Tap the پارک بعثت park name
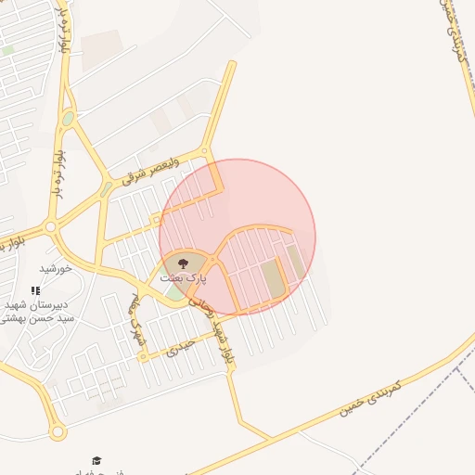click(184, 276)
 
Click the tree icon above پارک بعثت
click(182, 263)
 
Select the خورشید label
click(56, 268)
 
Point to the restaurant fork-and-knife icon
click(35, 290)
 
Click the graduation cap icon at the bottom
click(96, 460)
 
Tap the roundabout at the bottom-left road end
click(58, 432)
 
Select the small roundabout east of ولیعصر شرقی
click(206, 152)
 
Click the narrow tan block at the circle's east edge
click(296, 261)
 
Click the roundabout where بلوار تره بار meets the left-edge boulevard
click(51, 226)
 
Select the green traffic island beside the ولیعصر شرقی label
click(107, 188)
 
